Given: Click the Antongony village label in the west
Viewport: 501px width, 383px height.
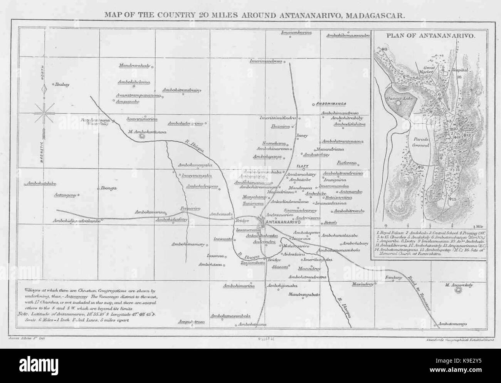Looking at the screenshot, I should (65, 195).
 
